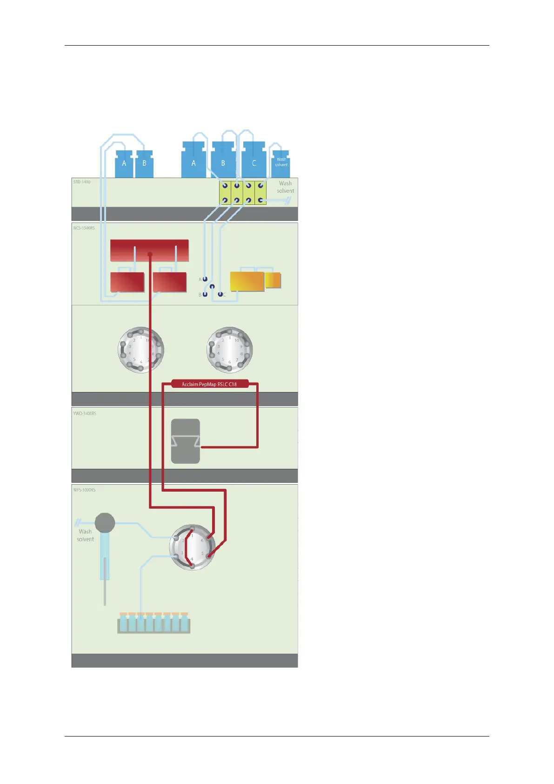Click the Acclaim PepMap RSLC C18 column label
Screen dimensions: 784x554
[x=209, y=384]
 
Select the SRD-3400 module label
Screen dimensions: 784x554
[x=82, y=182]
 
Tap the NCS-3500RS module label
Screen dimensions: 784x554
[x=84, y=228]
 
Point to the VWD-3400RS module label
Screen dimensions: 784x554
[x=85, y=413]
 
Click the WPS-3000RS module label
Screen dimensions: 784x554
[x=85, y=490]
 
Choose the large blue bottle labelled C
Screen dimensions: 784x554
[x=254, y=161]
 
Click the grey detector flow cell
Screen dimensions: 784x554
[x=186, y=441]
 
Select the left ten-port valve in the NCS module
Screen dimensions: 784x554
[x=140, y=349]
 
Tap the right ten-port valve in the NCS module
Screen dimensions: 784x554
[x=229, y=349]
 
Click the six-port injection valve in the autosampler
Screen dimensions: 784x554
[x=192, y=547]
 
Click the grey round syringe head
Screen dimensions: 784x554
[x=105, y=523]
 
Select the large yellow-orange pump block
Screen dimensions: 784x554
[x=247, y=281]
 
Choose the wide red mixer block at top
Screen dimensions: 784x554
[x=149, y=250]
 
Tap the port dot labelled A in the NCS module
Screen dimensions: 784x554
[x=205, y=279]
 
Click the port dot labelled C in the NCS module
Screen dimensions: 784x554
[x=220, y=294]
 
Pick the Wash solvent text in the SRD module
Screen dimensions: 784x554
[x=285, y=187]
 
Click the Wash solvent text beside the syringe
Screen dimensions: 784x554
[x=85, y=535]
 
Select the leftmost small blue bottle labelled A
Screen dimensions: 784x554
[x=124, y=164]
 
